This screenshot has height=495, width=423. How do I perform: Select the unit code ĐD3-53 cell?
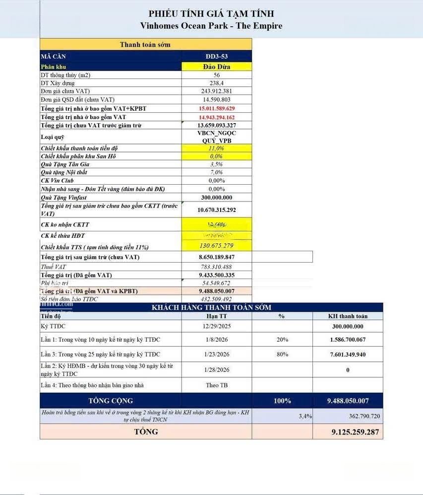(217, 57)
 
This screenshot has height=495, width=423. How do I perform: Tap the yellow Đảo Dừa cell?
(217, 67)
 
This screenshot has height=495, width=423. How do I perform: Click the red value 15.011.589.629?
(217, 108)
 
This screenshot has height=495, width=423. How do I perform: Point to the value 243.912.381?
(217, 91)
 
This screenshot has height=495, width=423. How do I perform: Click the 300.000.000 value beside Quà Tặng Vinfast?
(217, 198)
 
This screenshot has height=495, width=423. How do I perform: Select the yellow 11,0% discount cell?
(217, 148)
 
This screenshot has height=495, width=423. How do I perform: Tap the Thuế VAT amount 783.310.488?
(217, 267)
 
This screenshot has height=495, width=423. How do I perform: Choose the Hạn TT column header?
(217, 316)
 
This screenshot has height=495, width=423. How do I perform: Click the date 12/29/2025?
(217, 326)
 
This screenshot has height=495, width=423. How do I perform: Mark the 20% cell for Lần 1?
(282, 340)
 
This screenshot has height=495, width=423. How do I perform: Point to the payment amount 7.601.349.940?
(348, 354)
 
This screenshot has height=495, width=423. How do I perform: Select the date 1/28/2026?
(217, 370)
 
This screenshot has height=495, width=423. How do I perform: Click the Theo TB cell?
(217, 385)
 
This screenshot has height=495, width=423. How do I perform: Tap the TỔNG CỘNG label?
(111, 401)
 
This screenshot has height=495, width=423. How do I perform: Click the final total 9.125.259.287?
(355, 432)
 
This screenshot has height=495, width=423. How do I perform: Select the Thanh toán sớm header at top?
(145, 45)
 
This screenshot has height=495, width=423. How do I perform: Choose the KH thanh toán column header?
(348, 316)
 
